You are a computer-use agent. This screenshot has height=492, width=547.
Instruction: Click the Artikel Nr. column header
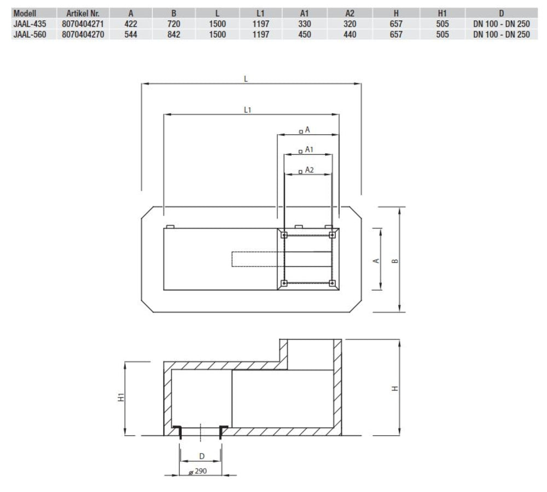(x=83, y=14)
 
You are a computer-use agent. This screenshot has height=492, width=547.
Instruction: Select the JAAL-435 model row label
(x=30, y=24)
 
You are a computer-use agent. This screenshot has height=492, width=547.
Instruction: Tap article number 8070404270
(x=83, y=34)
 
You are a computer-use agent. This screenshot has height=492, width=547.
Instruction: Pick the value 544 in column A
(x=131, y=34)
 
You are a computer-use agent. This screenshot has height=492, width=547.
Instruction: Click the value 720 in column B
(x=174, y=24)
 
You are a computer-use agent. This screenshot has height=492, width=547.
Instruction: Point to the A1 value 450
(x=305, y=34)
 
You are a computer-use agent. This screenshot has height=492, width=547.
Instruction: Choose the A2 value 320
(x=350, y=24)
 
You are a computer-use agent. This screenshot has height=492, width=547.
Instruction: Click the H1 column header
(x=443, y=14)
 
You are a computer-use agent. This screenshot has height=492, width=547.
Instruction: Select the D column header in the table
(x=501, y=14)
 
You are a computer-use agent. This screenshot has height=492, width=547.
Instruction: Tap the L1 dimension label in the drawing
(x=247, y=110)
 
